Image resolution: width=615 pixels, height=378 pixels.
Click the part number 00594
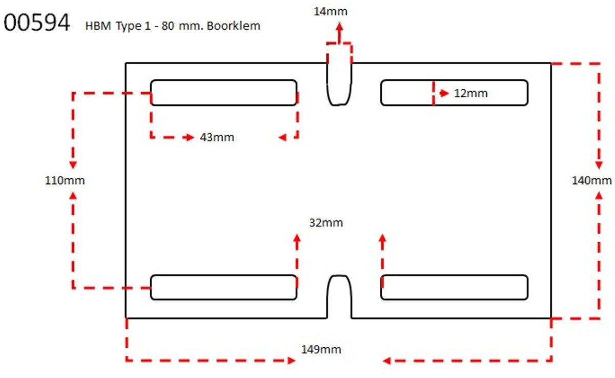tap(36, 23)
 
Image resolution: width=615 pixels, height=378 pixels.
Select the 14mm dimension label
tap(330, 11)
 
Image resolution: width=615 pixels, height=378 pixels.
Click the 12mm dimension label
tap(470, 93)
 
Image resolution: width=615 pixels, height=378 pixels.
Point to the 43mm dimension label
tap(217, 137)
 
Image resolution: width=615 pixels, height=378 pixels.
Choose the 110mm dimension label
tap(65, 180)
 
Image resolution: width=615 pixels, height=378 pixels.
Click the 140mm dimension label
tap(592, 180)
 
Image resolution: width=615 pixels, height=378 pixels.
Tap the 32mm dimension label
tap(326, 223)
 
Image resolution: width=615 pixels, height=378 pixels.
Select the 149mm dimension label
tap(321, 350)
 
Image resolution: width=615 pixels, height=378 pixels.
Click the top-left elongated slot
tap(223, 93)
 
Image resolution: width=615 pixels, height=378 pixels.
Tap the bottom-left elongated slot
tap(223, 287)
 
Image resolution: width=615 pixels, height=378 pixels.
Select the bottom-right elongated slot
tap(454, 287)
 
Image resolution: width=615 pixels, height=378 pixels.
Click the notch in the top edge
tap(340, 85)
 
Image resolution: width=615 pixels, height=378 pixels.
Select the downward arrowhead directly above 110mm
tap(73, 165)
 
